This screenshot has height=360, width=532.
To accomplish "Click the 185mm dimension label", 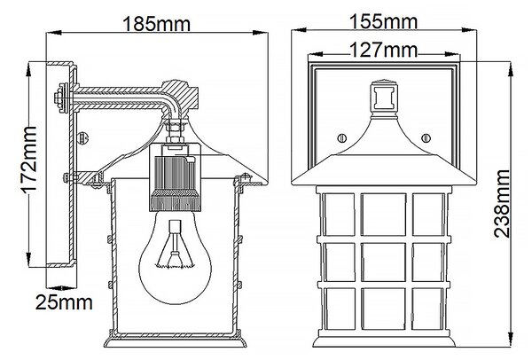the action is (x=156, y=25).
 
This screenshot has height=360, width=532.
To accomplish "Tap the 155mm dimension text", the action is (x=383, y=21).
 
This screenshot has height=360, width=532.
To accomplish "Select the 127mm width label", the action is (x=383, y=50).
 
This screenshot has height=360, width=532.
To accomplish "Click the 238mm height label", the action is (x=502, y=204).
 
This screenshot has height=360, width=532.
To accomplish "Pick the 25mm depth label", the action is (x=64, y=302).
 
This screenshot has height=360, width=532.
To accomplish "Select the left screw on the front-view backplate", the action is (x=342, y=138).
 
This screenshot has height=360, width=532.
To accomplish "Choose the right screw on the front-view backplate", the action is (x=426, y=138).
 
